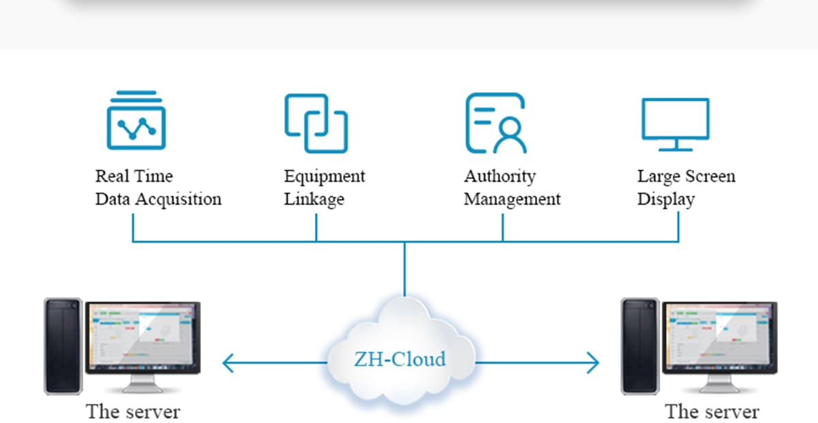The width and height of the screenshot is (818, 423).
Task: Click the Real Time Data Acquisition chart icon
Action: tap(136, 121)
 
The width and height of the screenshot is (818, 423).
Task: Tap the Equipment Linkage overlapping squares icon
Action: tap(316, 123)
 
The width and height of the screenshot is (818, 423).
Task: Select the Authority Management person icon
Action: tap(496, 123)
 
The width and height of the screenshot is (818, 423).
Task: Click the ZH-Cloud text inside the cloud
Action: tap(399, 358)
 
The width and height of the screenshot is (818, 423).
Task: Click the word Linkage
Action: tap(314, 200)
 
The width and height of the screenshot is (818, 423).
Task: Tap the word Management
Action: tap(512, 200)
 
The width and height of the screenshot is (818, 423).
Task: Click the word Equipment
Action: tap(324, 176)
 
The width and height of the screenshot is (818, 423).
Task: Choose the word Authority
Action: tap(500, 176)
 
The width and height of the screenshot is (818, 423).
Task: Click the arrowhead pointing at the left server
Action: tap(228, 364)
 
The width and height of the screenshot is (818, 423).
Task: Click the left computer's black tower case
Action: tap(63, 345)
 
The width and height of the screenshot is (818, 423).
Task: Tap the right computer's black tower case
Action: tap(639, 345)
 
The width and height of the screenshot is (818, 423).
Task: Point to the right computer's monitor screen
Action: tap(719, 336)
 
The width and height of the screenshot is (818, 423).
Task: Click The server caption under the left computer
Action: tap(133, 411)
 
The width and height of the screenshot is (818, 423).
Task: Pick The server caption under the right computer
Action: tap(712, 411)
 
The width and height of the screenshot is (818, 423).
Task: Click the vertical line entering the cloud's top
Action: tap(404, 272)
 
